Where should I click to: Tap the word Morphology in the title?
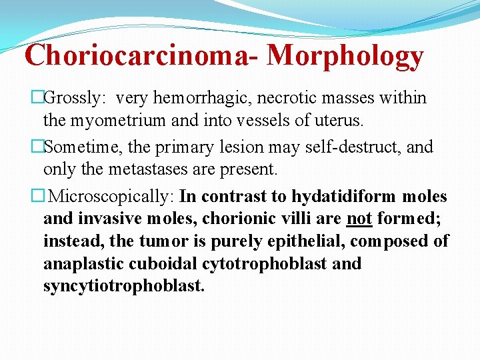pyautogui.click(x=345, y=57)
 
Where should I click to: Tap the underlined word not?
pyautogui.click(x=359, y=219)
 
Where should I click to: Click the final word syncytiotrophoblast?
pyautogui.click(x=123, y=287)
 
